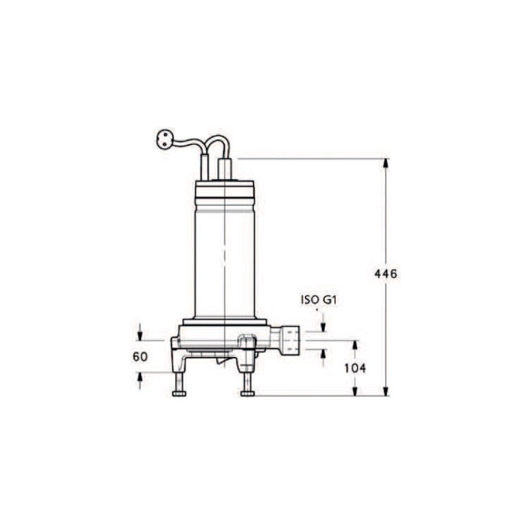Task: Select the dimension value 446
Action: coord(385,274)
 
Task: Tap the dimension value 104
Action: coord(355,368)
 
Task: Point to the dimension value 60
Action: coord(140,357)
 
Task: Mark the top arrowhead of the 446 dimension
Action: coord(386,163)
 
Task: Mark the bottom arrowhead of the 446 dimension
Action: coord(386,391)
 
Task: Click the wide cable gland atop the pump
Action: coord(225,169)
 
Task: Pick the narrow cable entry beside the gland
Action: coord(205,168)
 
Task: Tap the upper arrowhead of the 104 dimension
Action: coord(355,345)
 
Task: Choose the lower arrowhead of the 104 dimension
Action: coord(355,391)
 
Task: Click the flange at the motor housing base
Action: coord(224,322)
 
